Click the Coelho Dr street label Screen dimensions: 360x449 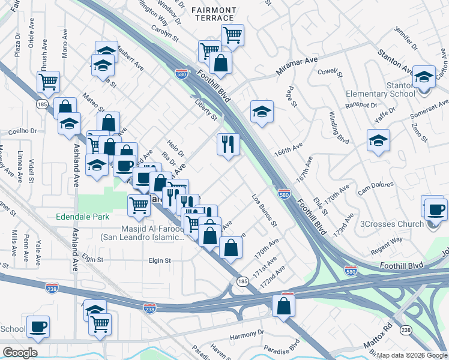coord(23,131)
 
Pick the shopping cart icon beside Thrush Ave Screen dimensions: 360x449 coord(48,81)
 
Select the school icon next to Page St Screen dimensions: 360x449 coord(262,111)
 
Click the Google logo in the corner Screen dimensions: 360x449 coord(20,353)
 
